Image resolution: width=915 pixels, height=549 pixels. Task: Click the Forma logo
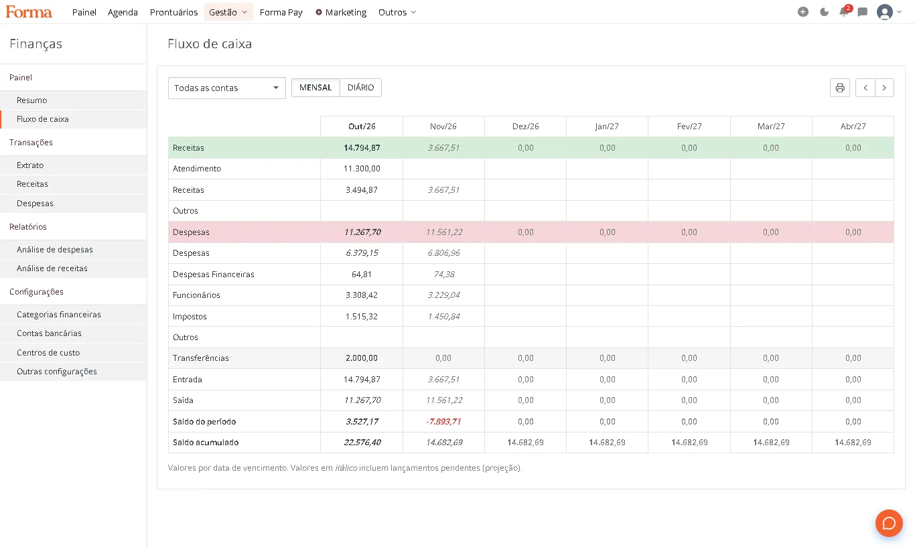pyautogui.click(x=29, y=12)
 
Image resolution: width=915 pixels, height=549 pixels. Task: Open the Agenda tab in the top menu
pyautogui.click(x=123, y=12)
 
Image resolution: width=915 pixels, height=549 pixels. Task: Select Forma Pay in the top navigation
pyautogui.click(x=281, y=12)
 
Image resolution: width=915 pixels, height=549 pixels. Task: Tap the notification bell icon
pyautogui.click(x=843, y=12)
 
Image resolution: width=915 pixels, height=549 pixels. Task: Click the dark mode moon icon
pyautogui.click(x=825, y=12)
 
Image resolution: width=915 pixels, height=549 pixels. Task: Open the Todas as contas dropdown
pyautogui.click(x=226, y=88)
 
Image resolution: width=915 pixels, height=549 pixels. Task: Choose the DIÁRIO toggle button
pyautogui.click(x=360, y=87)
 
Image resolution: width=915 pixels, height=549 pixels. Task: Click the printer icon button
pyautogui.click(x=840, y=88)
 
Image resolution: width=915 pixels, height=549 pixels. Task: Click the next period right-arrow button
pyautogui.click(x=884, y=88)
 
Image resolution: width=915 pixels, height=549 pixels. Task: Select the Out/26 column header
pyautogui.click(x=362, y=126)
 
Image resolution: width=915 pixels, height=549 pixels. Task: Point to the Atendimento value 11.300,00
pyautogui.click(x=362, y=169)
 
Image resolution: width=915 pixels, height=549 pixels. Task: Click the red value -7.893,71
pyautogui.click(x=443, y=421)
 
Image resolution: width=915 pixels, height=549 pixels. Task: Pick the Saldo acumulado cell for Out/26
pyautogui.click(x=362, y=443)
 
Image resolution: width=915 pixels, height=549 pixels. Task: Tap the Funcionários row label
pyautogui.click(x=196, y=295)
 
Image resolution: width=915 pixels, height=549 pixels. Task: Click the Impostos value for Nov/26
pyautogui.click(x=443, y=316)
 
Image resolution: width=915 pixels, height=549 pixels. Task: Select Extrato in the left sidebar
pyautogui.click(x=30, y=165)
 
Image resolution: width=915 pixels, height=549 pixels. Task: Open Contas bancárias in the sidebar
pyautogui.click(x=49, y=333)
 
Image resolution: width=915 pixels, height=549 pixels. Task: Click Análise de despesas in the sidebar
pyautogui.click(x=55, y=250)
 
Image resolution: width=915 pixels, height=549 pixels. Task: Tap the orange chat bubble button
pyautogui.click(x=889, y=524)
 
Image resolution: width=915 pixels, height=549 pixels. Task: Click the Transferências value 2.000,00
pyautogui.click(x=362, y=358)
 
